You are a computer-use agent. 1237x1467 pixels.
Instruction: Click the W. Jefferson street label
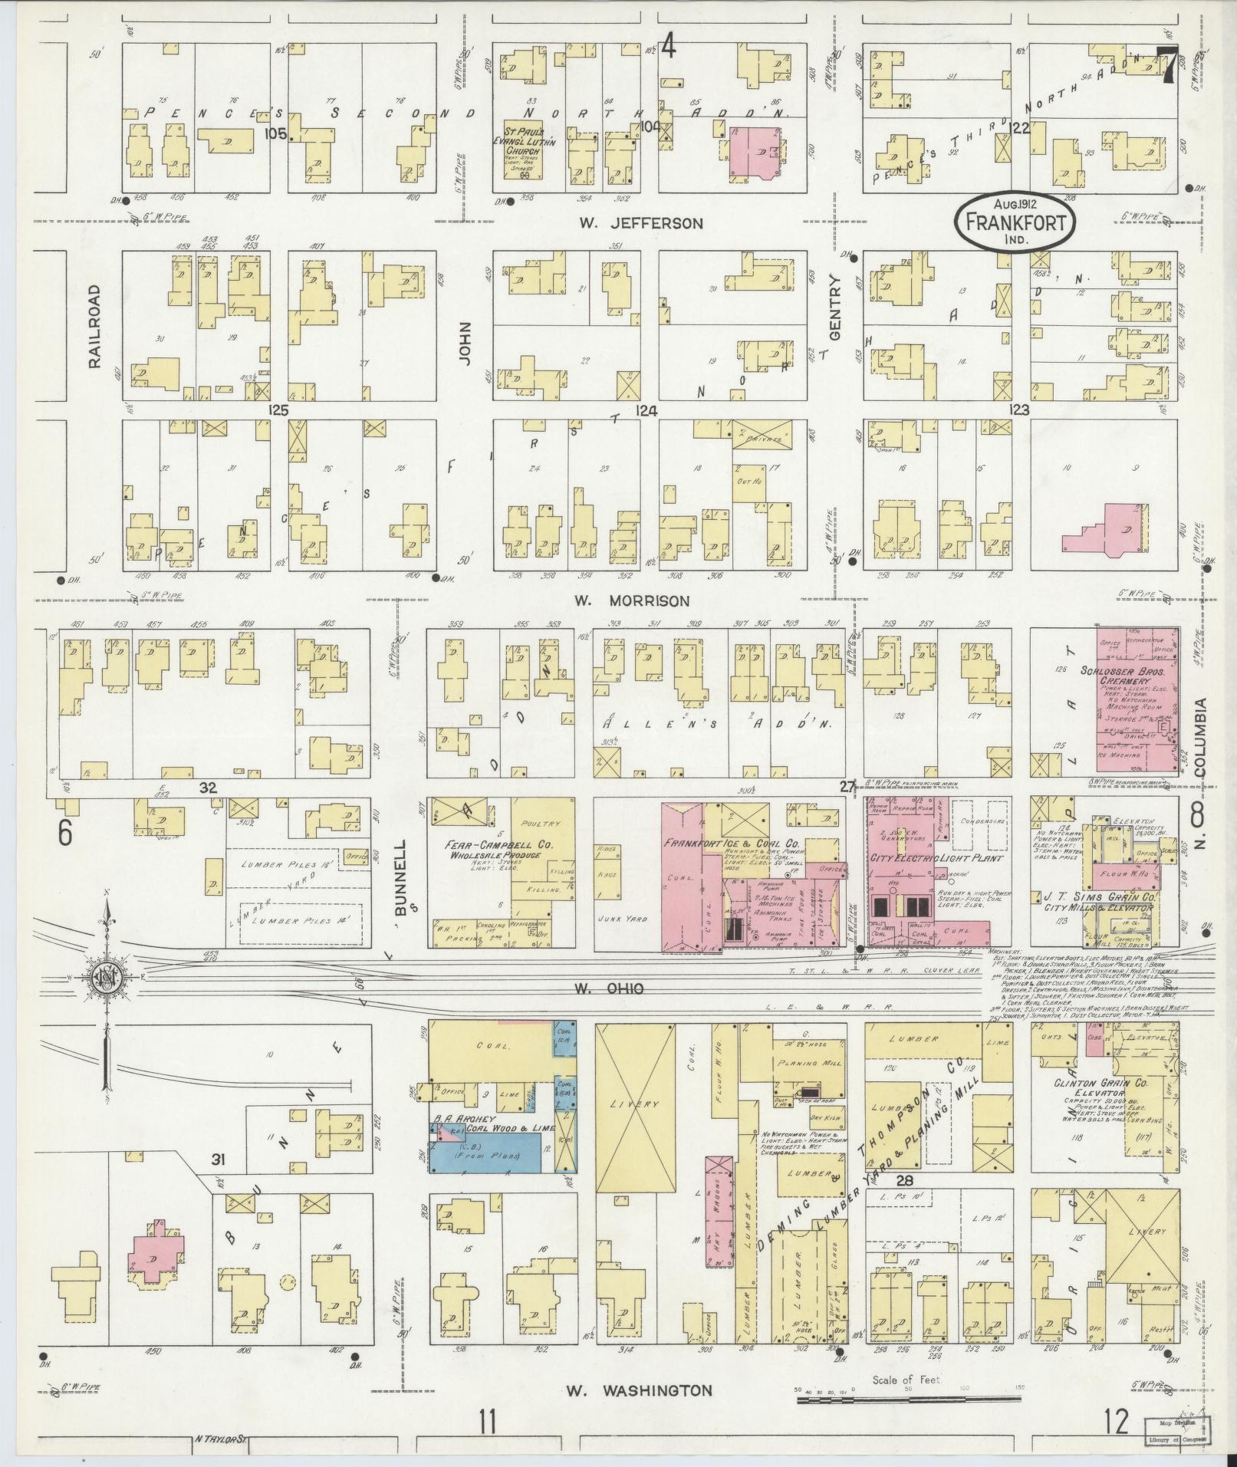point(641,224)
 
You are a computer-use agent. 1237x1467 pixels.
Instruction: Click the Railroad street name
point(95,327)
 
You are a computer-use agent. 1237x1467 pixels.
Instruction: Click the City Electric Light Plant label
point(936,858)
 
